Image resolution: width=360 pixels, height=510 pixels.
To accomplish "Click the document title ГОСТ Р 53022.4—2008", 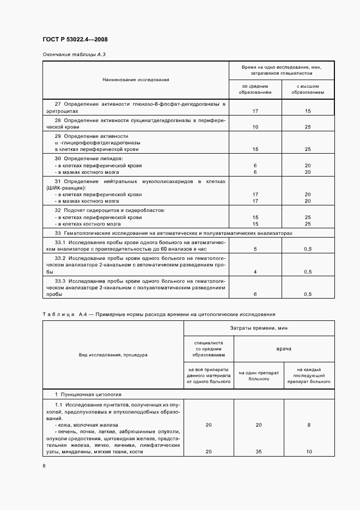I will [78, 40].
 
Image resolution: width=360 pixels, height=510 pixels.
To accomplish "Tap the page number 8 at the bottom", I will [44, 465].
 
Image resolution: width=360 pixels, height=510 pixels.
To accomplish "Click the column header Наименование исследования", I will [136, 80].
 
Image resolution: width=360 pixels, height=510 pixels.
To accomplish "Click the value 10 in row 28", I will [255, 126].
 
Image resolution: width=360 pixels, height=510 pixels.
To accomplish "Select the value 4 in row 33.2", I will [255, 271].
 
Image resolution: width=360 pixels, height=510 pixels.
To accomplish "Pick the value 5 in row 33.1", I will [255, 248].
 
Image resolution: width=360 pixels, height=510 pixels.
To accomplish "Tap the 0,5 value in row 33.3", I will [308, 294].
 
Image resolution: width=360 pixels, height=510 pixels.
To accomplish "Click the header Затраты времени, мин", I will [259, 328].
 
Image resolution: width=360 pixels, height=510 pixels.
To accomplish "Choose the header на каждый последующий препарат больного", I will [309, 375].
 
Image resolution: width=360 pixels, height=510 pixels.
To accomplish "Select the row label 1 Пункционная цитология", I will [88, 394].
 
